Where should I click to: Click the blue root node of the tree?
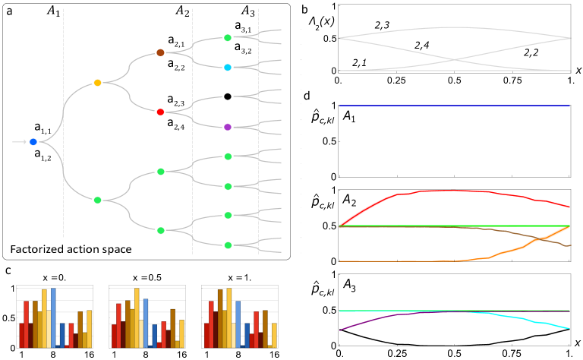[33, 142]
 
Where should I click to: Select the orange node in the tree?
[97, 83]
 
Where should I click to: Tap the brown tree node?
[160, 52]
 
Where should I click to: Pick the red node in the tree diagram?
[160, 112]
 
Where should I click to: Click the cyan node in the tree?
[228, 68]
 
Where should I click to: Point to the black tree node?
[228, 96]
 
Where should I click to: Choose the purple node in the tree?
[228, 127]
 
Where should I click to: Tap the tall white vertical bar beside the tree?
[291, 141]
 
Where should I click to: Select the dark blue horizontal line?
[454, 106]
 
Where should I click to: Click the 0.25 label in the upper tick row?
[397, 185]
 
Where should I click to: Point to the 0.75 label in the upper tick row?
[512, 185]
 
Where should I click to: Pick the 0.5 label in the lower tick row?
[454, 269]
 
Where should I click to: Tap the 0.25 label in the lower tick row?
[397, 269]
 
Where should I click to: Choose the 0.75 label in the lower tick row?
[512, 269]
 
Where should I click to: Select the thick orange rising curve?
[531, 243]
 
